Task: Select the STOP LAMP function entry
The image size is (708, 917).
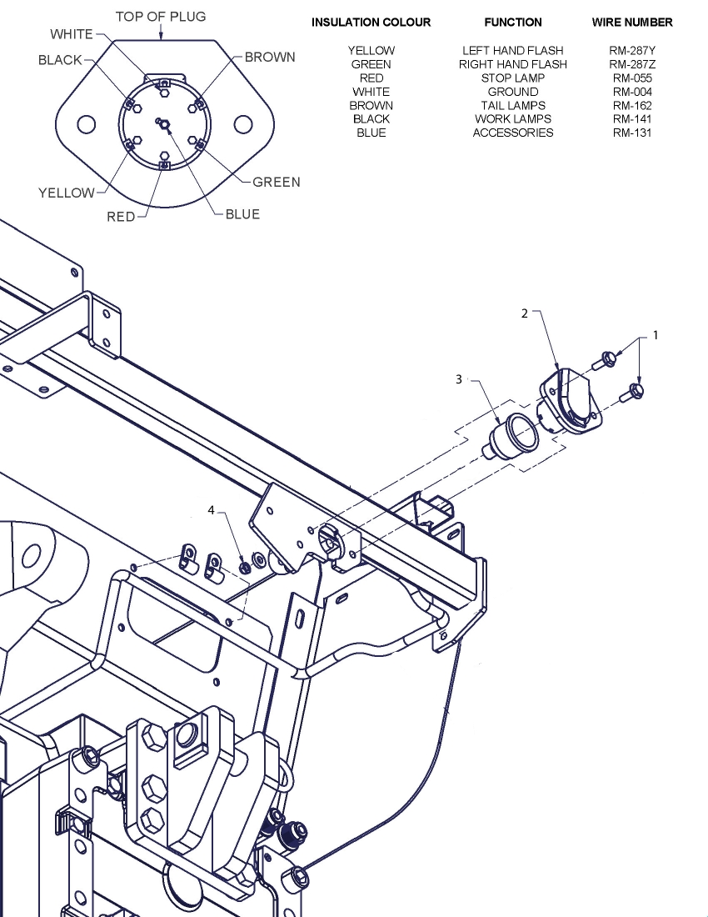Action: (512, 78)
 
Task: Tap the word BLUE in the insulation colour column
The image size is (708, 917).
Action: (371, 133)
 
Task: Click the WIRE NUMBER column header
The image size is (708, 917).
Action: (632, 23)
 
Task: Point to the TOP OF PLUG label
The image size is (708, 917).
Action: (161, 17)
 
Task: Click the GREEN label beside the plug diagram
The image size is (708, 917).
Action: (277, 182)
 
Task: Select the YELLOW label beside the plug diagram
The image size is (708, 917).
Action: (67, 193)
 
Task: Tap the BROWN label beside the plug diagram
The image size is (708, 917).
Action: (270, 58)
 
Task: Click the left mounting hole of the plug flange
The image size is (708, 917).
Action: (85, 124)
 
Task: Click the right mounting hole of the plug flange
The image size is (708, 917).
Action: (242, 124)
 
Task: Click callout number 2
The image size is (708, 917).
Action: (525, 313)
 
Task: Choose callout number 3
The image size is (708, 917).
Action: (458, 378)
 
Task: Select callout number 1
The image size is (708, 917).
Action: (655, 335)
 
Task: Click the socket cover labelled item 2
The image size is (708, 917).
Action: (568, 398)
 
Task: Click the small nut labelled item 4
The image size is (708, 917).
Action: (245, 567)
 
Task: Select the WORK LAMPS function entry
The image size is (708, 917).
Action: (512, 119)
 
